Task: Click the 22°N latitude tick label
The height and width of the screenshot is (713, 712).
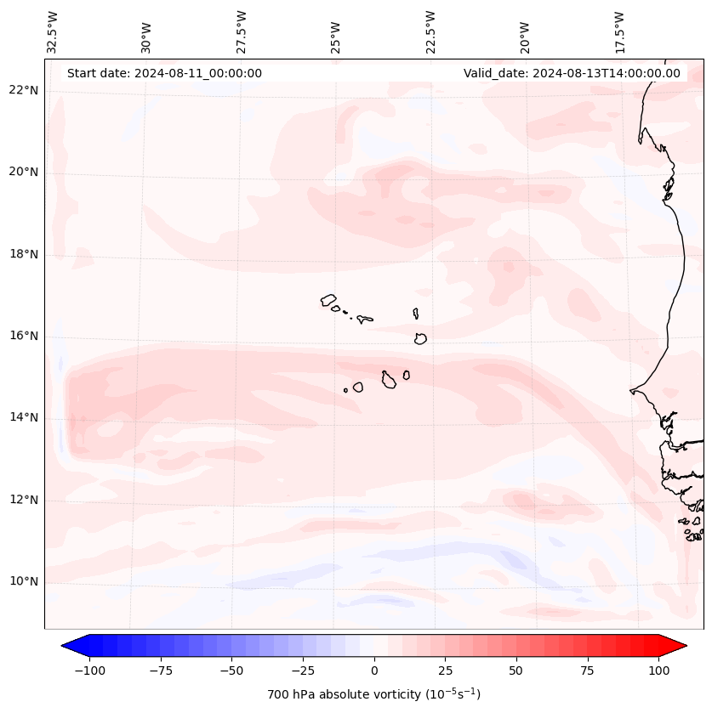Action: point(24,90)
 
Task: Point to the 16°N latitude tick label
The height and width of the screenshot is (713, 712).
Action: point(24,336)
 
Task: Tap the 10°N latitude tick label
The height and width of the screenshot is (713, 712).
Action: point(24,582)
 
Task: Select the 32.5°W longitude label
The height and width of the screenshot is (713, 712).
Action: point(53,31)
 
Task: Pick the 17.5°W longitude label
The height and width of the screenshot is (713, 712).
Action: point(620,31)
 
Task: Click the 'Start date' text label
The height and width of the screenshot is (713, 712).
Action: point(164,73)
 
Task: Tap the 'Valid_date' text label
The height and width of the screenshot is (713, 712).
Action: point(572,73)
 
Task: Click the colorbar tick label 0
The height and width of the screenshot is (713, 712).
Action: point(374,671)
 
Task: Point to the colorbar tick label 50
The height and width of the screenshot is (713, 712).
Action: point(516,671)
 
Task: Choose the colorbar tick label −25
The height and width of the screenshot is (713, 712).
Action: point(303,671)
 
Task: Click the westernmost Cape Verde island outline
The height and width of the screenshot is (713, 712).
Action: point(328,300)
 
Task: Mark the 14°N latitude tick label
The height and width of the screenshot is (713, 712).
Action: point(24,417)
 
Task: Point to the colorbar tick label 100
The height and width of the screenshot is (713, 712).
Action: point(658,671)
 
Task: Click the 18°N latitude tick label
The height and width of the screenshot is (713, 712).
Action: point(24,254)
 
